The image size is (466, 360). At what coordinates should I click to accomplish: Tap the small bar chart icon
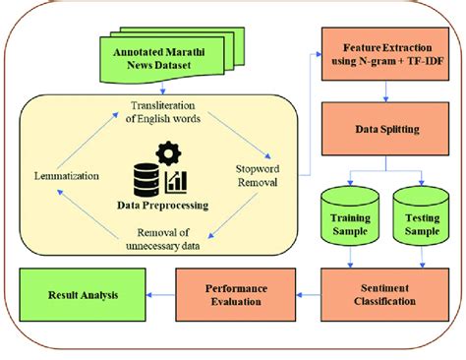coord(178,181)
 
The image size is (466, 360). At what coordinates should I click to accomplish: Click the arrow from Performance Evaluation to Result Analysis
coord(160,294)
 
